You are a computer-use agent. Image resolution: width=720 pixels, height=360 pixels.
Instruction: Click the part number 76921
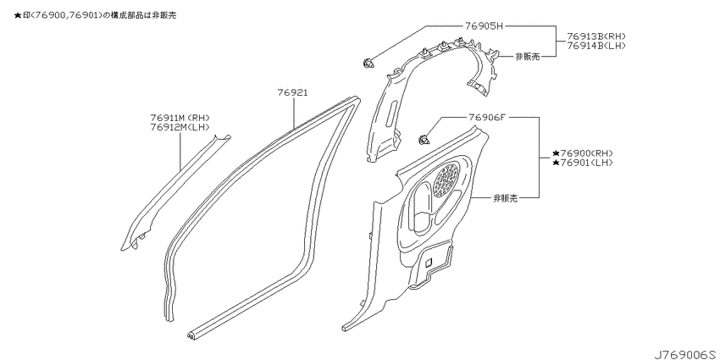coord(292,93)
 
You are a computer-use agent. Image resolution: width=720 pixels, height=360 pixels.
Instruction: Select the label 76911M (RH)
coord(180,118)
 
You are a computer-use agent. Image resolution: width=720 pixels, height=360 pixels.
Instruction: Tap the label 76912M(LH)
coord(180,127)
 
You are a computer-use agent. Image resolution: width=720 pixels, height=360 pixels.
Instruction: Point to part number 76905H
coord(485,26)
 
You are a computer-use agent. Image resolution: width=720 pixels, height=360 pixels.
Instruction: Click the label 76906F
coord(487,117)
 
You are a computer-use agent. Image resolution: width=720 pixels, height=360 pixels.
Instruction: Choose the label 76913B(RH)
coord(596,36)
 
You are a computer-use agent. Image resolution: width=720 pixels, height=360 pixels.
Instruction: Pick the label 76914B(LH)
coord(596,46)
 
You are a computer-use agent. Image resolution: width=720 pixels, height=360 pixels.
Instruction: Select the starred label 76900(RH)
coord(583,153)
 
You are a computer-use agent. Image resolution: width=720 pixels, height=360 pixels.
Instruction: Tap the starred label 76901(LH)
coord(583,163)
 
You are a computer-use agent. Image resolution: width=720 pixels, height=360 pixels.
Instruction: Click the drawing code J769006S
coord(685,354)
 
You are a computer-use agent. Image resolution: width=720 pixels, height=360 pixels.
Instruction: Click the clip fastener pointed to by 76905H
coord(368,63)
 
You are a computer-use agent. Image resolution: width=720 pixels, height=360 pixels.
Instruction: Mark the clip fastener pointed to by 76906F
coord(424,140)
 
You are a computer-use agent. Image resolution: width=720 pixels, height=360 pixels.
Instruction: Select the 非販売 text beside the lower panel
coord(506,198)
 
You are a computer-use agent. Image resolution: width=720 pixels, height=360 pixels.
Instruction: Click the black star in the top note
coord(18,15)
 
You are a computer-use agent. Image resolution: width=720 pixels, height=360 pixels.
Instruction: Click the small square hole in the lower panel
coord(428,263)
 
